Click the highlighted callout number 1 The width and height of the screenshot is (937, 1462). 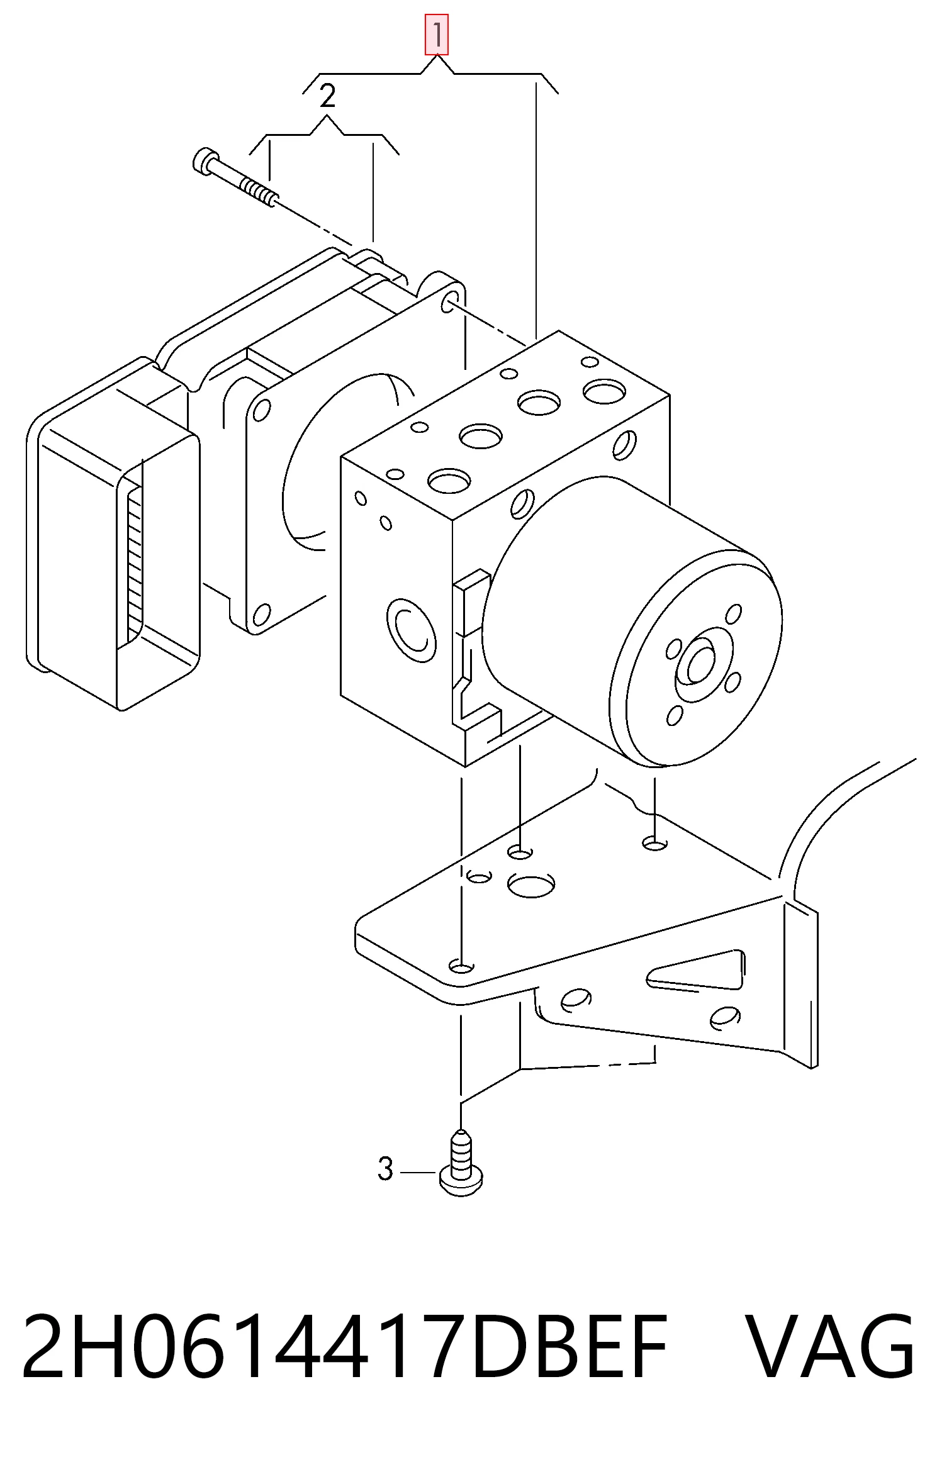pyautogui.click(x=436, y=35)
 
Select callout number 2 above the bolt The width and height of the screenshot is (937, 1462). pyautogui.click(x=327, y=96)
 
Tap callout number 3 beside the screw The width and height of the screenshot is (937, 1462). pyautogui.click(x=385, y=1169)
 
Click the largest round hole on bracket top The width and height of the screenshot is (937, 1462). pyautogui.click(x=530, y=885)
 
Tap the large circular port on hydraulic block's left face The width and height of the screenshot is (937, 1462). pyautogui.click(x=412, y=630)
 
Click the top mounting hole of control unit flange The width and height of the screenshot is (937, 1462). pyautogui.click(x=449, y=301)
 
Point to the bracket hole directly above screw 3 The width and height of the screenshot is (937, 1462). pyautogui.click(x=461, y=965)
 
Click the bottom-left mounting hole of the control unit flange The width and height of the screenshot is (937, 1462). pyautogui.click(x=261, y=615)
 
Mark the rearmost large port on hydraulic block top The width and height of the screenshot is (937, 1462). pyautogui.click(x=604, y=391)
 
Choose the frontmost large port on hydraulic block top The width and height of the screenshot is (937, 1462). pyautogui.click(x=449, y=481)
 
